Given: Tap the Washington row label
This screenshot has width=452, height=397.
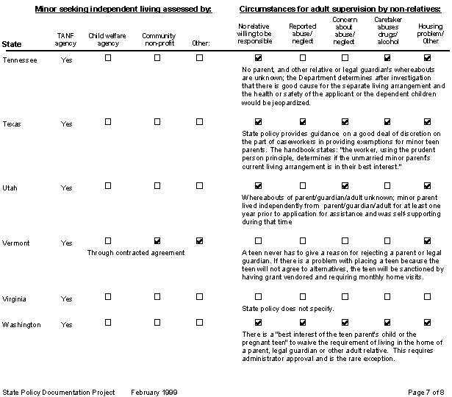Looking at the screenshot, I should pos(22,324).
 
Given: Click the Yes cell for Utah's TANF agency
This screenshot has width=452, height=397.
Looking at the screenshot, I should pos(67,188).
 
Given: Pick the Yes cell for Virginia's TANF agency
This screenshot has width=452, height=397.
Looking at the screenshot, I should pos(67,299).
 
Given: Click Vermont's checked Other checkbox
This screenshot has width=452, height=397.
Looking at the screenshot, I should pos(200,240).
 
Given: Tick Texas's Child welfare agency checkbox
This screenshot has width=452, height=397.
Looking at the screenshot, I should pos(108,122).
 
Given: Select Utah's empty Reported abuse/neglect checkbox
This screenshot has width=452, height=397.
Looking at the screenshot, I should pos(301,185).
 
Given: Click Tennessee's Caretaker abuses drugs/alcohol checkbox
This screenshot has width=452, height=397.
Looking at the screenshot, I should pos(387,57).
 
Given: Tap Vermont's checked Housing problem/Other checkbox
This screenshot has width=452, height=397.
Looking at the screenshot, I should pos(428,240).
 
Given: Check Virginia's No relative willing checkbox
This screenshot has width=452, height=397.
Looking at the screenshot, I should pos(258,296).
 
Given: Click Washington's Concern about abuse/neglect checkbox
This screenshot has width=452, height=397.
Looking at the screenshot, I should pos(344,322).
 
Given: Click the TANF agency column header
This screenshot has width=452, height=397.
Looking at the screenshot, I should pos(67,39).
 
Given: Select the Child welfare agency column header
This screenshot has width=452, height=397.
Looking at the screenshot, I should pos(107,39).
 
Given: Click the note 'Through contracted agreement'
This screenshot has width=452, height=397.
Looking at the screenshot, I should pos(135,252).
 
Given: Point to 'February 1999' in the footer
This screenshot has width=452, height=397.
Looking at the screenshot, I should pos(156,392).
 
